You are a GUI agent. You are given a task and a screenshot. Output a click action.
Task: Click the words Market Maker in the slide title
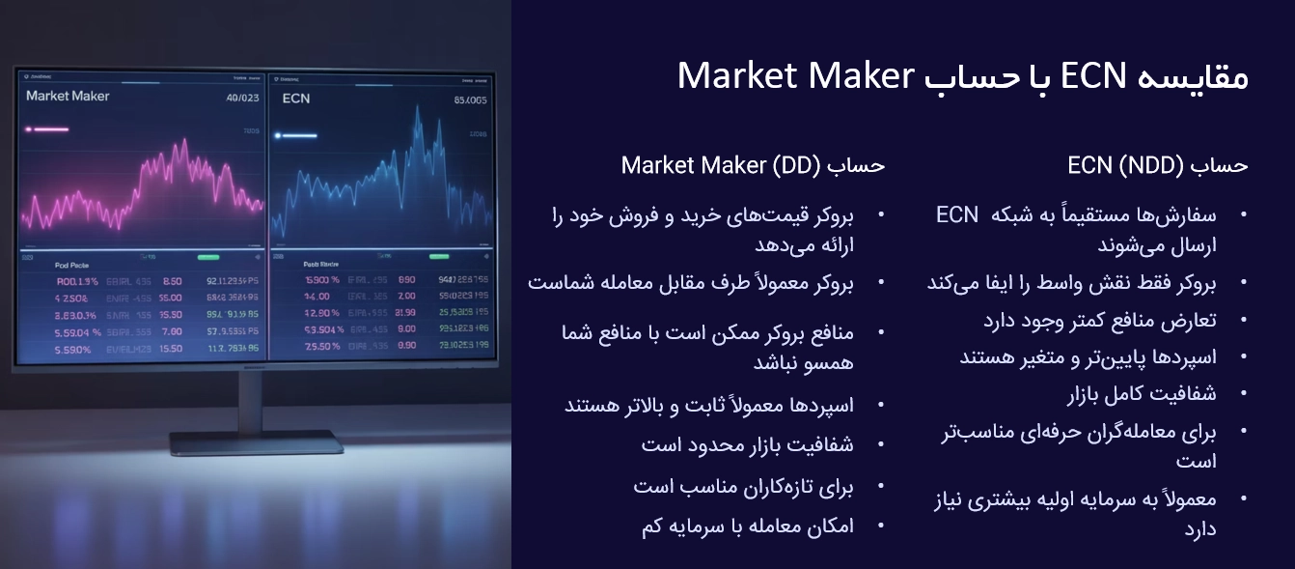click(x=795, y=75)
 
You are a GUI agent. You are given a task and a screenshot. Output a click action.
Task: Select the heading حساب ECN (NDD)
click(x=1157, y=166)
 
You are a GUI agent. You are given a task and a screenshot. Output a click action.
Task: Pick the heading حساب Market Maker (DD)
click(x=753, y=165)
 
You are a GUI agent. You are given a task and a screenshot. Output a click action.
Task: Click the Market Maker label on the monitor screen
click(x=68, y=97)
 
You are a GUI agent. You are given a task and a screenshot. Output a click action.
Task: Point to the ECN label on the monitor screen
click(x=296, y=99)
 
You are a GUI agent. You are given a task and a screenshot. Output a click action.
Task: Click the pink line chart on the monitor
click(x=145, y=188)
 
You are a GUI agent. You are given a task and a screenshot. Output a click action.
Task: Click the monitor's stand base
click(x=257, y=442)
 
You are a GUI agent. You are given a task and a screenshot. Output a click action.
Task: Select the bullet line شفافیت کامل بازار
click(x=1142, y=394)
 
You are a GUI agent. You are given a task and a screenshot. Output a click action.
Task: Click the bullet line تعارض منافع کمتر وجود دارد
click(x=1100, y=320)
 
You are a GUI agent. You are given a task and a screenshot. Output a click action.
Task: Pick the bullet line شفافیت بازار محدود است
click(x=747, y=444)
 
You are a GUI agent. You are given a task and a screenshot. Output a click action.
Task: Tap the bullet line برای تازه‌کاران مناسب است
click(x=743, y=486)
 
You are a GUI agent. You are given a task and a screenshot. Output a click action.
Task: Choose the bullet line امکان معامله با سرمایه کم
click(x=747, y=526)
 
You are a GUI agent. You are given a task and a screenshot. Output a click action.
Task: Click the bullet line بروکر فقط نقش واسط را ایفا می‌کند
click(x=1071, y=283)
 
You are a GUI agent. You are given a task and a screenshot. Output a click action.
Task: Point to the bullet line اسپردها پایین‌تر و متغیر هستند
click(x=1088, y=357)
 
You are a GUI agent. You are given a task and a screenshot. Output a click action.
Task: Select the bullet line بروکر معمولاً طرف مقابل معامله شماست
click(x=691, y=283)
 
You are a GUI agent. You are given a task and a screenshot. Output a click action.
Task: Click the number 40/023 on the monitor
click(x=242, y=98)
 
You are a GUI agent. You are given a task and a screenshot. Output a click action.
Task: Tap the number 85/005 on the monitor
click(x=470, y=100)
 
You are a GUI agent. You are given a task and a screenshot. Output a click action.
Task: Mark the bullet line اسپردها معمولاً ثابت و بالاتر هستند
click(x=709, y=404)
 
